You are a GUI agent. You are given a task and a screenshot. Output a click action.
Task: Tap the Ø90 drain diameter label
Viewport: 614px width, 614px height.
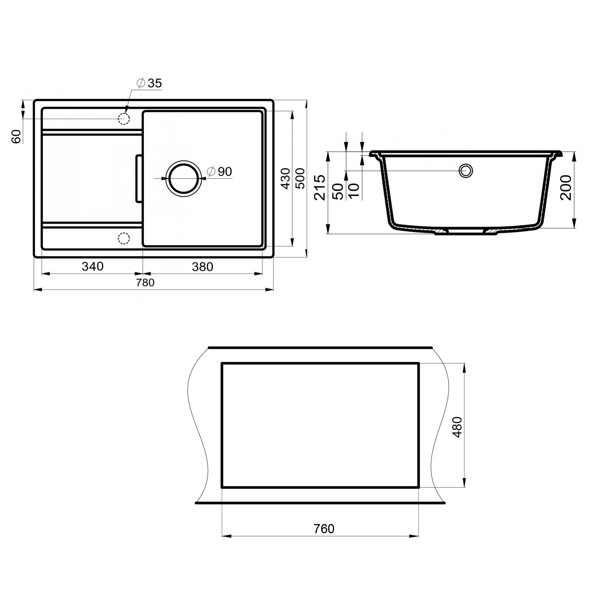(220, 172)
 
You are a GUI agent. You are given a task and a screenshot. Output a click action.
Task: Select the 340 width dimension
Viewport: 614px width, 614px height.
(92, 266)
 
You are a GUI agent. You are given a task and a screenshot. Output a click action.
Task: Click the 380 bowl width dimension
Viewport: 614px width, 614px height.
(202, 267)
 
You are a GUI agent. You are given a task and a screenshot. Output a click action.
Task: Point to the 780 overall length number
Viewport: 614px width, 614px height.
(145, 283)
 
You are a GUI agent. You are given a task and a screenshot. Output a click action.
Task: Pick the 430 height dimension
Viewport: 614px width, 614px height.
(285, 178)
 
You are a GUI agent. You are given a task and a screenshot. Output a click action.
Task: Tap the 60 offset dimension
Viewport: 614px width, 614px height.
(16, 136)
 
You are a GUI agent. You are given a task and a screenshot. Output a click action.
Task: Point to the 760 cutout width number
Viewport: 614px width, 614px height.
(324, 529)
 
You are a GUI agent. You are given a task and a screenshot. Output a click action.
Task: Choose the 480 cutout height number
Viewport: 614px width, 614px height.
(457, 427)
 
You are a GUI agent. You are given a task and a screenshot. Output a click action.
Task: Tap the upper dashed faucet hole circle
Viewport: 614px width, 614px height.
(123, 119)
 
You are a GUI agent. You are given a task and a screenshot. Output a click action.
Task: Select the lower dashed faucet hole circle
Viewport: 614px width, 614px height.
(123, 238)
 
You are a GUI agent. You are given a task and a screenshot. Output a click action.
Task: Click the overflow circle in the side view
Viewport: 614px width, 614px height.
(466, 171)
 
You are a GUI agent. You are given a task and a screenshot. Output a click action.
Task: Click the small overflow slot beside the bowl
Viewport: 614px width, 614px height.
(139, 178)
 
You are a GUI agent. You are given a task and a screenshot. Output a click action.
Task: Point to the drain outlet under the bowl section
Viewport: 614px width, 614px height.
(466, 232)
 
